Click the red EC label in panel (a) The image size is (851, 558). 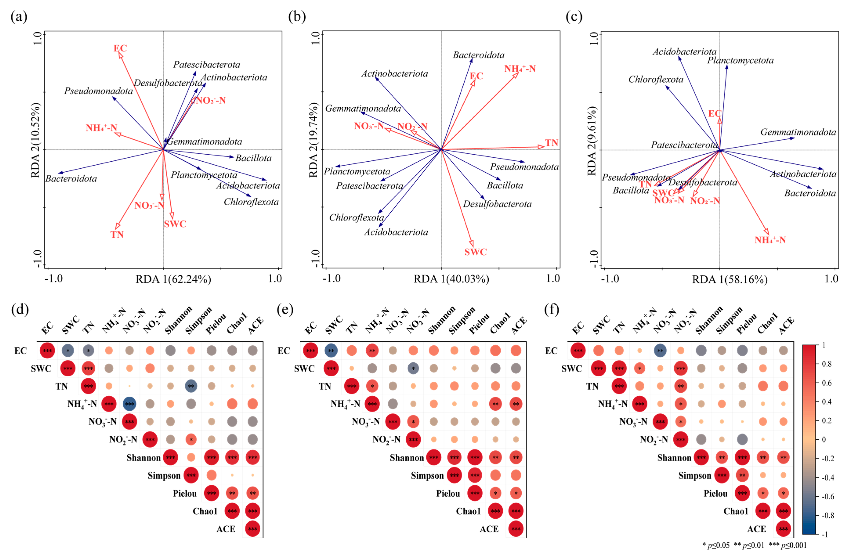click(120, 48)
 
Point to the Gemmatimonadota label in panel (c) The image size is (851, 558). click(798, 132)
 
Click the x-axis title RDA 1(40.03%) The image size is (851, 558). click(451, 279)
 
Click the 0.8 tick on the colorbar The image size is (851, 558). click(826, 364)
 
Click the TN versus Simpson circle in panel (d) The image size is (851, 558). click(191, 386)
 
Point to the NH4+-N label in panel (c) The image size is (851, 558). click(770, 240)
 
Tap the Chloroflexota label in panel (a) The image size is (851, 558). click(251, 202)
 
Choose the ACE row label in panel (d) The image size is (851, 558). click(226, 529)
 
